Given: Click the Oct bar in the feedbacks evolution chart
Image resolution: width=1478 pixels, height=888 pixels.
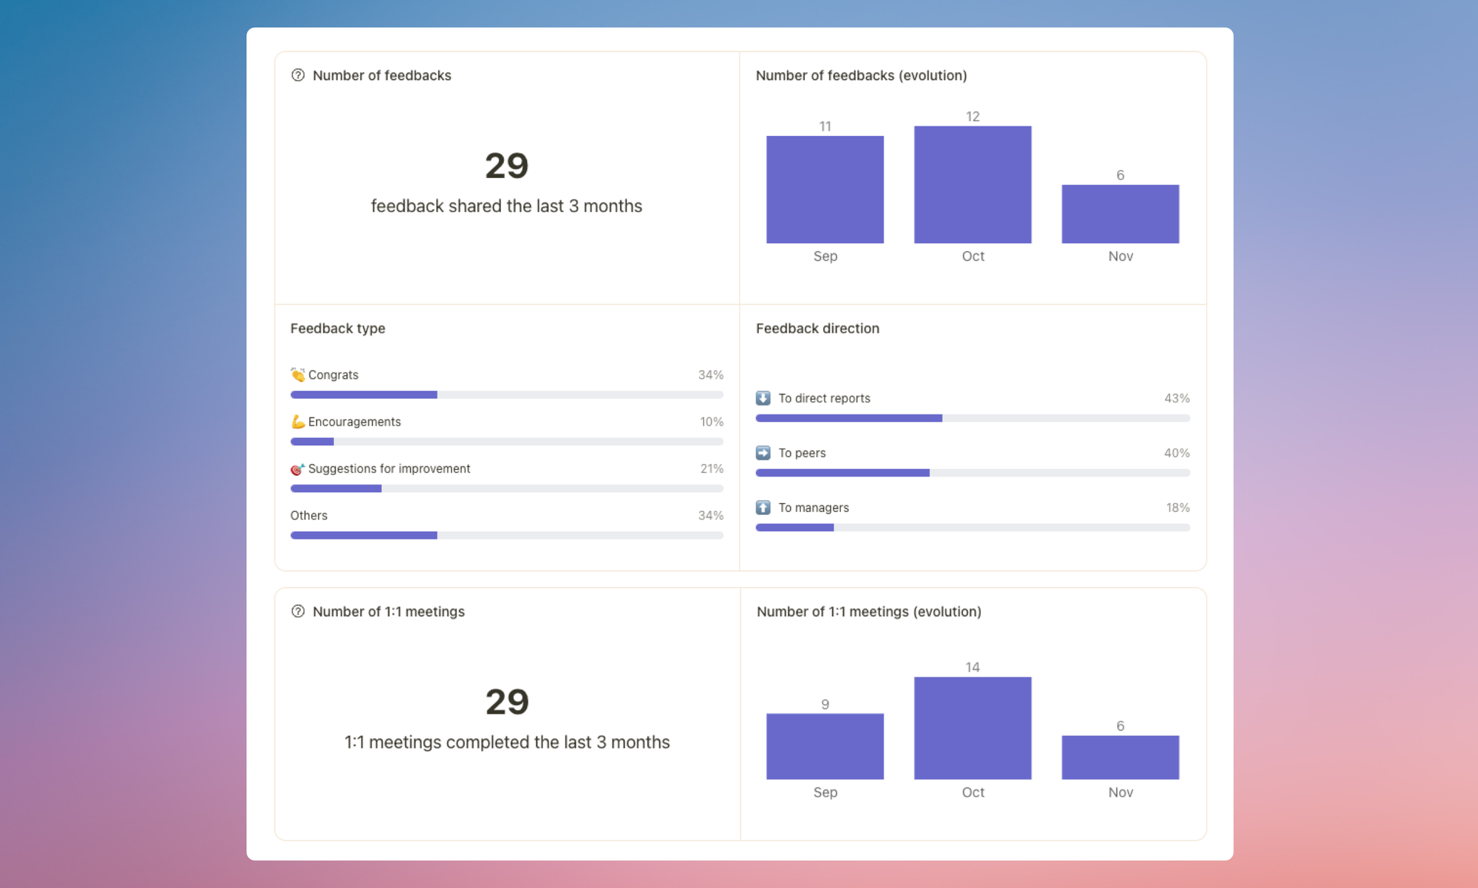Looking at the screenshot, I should coord(973,185).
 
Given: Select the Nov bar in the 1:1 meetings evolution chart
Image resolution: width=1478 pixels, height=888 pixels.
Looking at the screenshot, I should coord(1120,757).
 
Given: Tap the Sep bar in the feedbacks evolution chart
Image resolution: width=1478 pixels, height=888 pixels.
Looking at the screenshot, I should coord(825,190).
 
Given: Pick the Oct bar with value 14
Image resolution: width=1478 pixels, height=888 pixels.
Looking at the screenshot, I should coord(973,728).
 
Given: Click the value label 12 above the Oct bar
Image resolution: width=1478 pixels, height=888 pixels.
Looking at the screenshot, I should coord(973,117).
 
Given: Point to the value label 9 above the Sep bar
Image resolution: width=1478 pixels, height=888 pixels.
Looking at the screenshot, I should coord(825,705).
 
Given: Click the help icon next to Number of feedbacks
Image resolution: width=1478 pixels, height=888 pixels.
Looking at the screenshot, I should coord(298,75).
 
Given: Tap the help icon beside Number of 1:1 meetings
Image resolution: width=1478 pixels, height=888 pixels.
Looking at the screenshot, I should coord(298,612).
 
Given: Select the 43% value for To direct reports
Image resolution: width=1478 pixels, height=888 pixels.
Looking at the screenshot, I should coord(1176,398).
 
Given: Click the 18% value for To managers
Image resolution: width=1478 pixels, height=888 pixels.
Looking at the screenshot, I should coord(1177,508).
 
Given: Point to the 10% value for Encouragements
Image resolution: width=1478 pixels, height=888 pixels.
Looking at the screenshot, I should coord(712,422).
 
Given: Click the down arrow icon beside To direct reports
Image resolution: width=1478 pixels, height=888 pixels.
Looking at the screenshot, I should coord(763,398).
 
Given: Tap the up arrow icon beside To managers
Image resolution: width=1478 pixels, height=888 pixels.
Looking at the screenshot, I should coord(763,508).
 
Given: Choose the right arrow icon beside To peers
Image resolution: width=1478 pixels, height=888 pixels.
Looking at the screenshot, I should coord(763,453).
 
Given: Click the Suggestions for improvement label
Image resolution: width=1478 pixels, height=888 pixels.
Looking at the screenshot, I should coord(389,468).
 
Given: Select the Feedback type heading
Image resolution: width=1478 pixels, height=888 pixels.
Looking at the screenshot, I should coord(338,329).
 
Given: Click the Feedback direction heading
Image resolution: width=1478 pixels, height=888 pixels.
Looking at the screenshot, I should coord(817,329).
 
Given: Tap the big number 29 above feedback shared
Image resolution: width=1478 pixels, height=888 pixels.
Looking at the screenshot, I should coord(507,165).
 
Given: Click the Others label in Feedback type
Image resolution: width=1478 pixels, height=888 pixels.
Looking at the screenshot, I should coord(309,516).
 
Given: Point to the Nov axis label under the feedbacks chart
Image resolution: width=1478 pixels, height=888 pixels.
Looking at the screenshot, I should coord(1120,256).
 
